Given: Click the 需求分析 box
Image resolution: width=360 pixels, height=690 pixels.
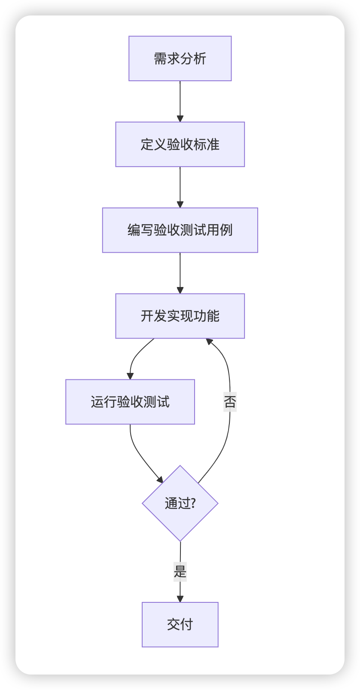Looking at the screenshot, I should click(180, 58).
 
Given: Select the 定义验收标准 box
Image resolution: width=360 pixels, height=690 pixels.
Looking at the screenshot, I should click(180, 144).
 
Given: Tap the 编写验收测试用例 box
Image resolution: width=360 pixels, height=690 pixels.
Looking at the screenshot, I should click(180, 230).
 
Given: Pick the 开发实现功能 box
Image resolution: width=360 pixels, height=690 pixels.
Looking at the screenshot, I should click(180, 316).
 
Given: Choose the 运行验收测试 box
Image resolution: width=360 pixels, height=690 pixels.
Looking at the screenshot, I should click(130, 402).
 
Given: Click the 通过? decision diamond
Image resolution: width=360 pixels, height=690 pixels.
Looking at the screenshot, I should click(180, 503).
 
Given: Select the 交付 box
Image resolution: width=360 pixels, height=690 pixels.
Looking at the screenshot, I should click(180, 624).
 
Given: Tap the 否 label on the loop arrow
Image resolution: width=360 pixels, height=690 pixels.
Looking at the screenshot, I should click(230, 402).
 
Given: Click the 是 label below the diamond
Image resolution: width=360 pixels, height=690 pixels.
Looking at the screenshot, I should click(180, 572).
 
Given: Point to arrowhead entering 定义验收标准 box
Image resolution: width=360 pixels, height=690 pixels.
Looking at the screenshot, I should click(180, 119).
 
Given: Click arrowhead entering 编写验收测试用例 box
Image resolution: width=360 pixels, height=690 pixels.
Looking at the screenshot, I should click(180, 205).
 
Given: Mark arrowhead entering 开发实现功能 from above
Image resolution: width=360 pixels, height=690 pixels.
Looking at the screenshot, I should click(180, 290).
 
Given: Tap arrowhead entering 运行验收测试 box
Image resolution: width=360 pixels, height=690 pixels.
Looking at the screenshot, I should click(130, 376).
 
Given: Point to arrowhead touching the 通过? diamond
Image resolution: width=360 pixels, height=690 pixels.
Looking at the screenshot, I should click(160, 479).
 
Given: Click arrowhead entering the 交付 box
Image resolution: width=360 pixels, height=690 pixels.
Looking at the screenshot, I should click(180, 599).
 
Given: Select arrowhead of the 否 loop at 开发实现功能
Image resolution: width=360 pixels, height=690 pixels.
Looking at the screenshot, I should click(209, 342).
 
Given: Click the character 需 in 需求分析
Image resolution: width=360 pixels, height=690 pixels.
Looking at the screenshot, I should click(160, 58).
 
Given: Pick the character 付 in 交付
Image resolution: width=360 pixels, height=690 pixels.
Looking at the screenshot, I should click(186, 624).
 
